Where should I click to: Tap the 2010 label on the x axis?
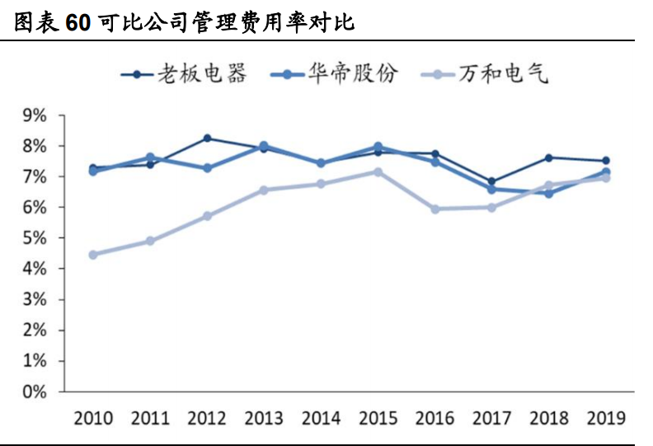click(x=93, y=417)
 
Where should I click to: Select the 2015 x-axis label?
click(x=378, y=417)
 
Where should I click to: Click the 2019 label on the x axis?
click(x=605, y=417)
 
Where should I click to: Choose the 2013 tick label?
click(x=264, y=417)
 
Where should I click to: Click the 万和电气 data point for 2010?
click(x=93, y=255)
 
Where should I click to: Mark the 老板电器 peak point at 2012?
click(x=207, y=138)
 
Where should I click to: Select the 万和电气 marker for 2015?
click(x=378, y=171)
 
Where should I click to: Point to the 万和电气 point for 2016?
click(x=435, y=209)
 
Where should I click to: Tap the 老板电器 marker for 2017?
click(x=491, y=181)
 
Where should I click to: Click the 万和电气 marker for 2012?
click(x=207, y=216)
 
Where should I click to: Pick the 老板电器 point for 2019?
click(x=605, y=161)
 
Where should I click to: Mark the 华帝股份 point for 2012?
click(x=207, y=168)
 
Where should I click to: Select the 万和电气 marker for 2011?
click(x=150, y=241)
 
